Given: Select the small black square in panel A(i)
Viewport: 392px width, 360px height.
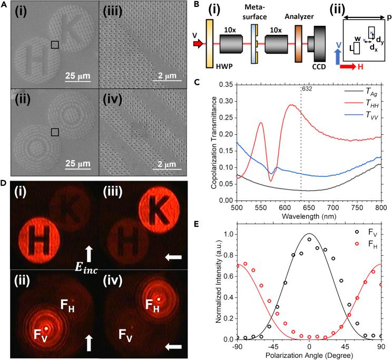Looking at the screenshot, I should (55, 45).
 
